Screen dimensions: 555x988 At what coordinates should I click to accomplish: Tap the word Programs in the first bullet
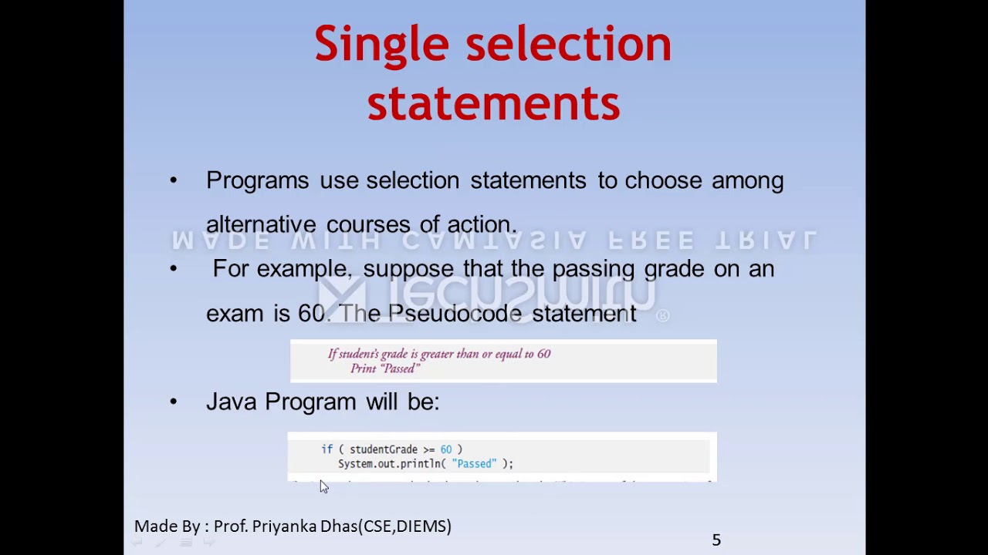(x=257, y=181)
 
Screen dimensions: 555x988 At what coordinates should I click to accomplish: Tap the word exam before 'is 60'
(x=235, y=314)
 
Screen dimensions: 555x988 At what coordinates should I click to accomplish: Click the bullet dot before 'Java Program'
(x=173, y=402)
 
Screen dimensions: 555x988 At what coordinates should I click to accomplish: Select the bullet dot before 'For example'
(x=173, y=269)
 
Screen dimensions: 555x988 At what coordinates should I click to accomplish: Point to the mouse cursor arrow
(x=323, y=486)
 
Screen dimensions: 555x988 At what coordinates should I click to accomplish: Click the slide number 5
(x=716, y=540)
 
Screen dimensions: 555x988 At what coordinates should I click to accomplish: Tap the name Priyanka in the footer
(x=285, y=526)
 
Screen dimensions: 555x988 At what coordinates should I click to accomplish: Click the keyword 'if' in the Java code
(x=327, y=449)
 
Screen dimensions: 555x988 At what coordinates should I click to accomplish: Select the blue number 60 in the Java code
(x=445, y=449)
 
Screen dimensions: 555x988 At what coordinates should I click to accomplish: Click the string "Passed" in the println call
(x=475, y=464)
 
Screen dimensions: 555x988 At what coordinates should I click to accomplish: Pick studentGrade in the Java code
(x=383, y=449)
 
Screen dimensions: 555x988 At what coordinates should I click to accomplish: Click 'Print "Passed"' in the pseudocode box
(x=385, y=368)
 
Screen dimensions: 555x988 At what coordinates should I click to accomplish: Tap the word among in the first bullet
(x=747, y=181)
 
